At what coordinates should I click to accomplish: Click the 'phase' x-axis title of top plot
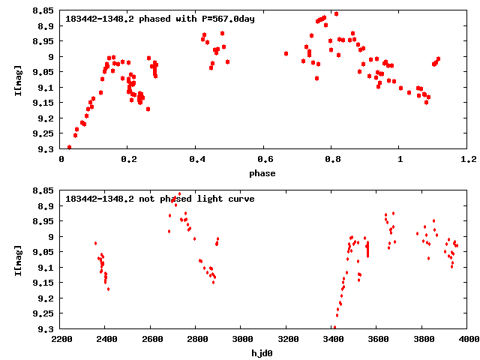click(x=264, y=173)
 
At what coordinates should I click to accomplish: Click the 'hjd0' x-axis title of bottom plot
click(x=264, y=353)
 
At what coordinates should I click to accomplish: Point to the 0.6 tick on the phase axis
click(x=264, y=159)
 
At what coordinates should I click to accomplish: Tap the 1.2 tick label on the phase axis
click(x=468, y=159)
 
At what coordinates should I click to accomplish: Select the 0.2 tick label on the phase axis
click(x=128, y=159)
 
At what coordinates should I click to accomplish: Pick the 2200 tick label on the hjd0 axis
click(x=61, y=339)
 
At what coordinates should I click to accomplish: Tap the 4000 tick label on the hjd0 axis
click(x=468, y=339)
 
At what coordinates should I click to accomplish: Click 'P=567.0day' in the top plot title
click(x=229, y=19)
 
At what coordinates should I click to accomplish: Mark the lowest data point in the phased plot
click(x=69, y=147)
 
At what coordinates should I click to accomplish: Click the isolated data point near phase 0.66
click(x=286, y=53)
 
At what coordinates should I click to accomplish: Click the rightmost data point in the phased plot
click(x=438, y=58)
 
